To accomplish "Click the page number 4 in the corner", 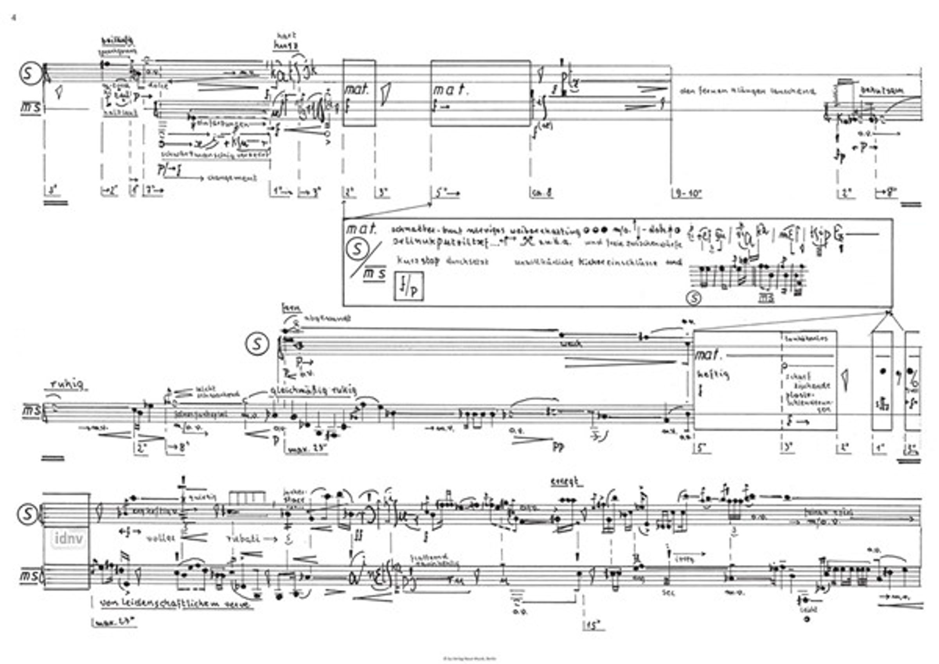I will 14,18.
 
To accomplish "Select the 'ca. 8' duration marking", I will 543,193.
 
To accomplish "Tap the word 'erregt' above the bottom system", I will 567,483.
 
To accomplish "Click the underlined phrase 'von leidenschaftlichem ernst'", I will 176,604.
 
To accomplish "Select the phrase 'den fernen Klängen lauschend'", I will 747,92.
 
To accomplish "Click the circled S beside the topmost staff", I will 29,74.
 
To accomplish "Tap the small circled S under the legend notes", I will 694,298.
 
